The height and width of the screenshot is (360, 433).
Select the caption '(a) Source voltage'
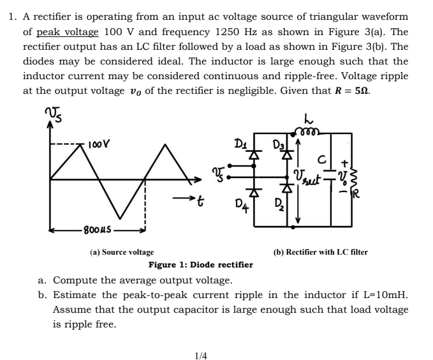coord(122,252)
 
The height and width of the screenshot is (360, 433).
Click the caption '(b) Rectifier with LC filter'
coord(320,252)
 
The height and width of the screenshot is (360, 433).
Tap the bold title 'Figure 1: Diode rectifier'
coord(200,265)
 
